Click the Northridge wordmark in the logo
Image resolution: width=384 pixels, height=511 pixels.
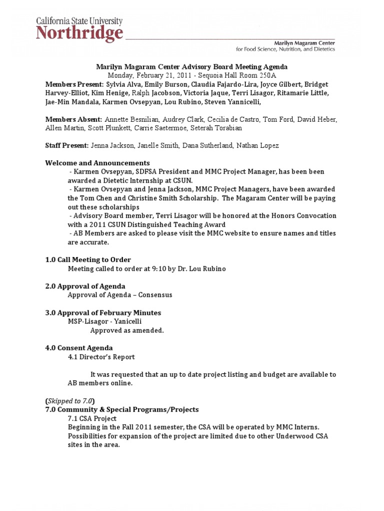pyautogui.click(x=79, y=34)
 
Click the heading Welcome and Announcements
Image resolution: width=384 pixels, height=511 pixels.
pyautogui.click(x=97, y=163)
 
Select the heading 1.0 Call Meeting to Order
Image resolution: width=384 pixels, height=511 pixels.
pyautogui.click(x=88, y=259)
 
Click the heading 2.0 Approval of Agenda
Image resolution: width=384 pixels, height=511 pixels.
pyautogui.click(x=85, y=286)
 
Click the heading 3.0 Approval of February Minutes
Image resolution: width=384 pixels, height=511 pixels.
pyautogui.click(x=103, y=312)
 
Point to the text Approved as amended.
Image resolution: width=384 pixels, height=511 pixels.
pyautogui.click(x=127, y=330)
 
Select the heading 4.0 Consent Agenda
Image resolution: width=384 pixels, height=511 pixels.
pyautogui.click(x=79, y=348)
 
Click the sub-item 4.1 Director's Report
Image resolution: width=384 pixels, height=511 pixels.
pyautogui.click(x=101, y=357)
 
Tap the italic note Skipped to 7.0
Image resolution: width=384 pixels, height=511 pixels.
pyautogui.click(x=70, y=401)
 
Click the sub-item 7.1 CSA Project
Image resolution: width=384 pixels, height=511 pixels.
pyautogui.click(x=92, y=418)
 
